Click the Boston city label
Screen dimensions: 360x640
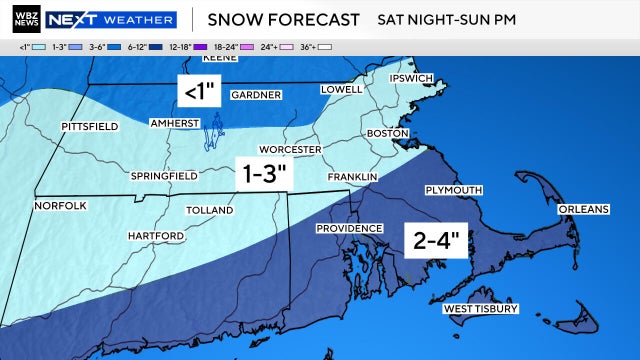click(x=389, y=133)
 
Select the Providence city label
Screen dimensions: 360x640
click(x=350, y=229)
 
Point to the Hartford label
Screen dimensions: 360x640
click(x=155, y=236)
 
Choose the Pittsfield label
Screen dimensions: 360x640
click(x=89, y=127)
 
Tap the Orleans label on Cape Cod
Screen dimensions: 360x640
click(x=583, y=209)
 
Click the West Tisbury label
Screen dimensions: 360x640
click(x=481, y=310)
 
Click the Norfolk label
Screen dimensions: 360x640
click(x=61, y=206)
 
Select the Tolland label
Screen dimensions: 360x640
click(x=210, y=211)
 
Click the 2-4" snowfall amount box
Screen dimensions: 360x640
click(x=436, y=240)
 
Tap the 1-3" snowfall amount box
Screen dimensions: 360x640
click(x=265, y=174)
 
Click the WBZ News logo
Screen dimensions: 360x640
click(x=22, y=19)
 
